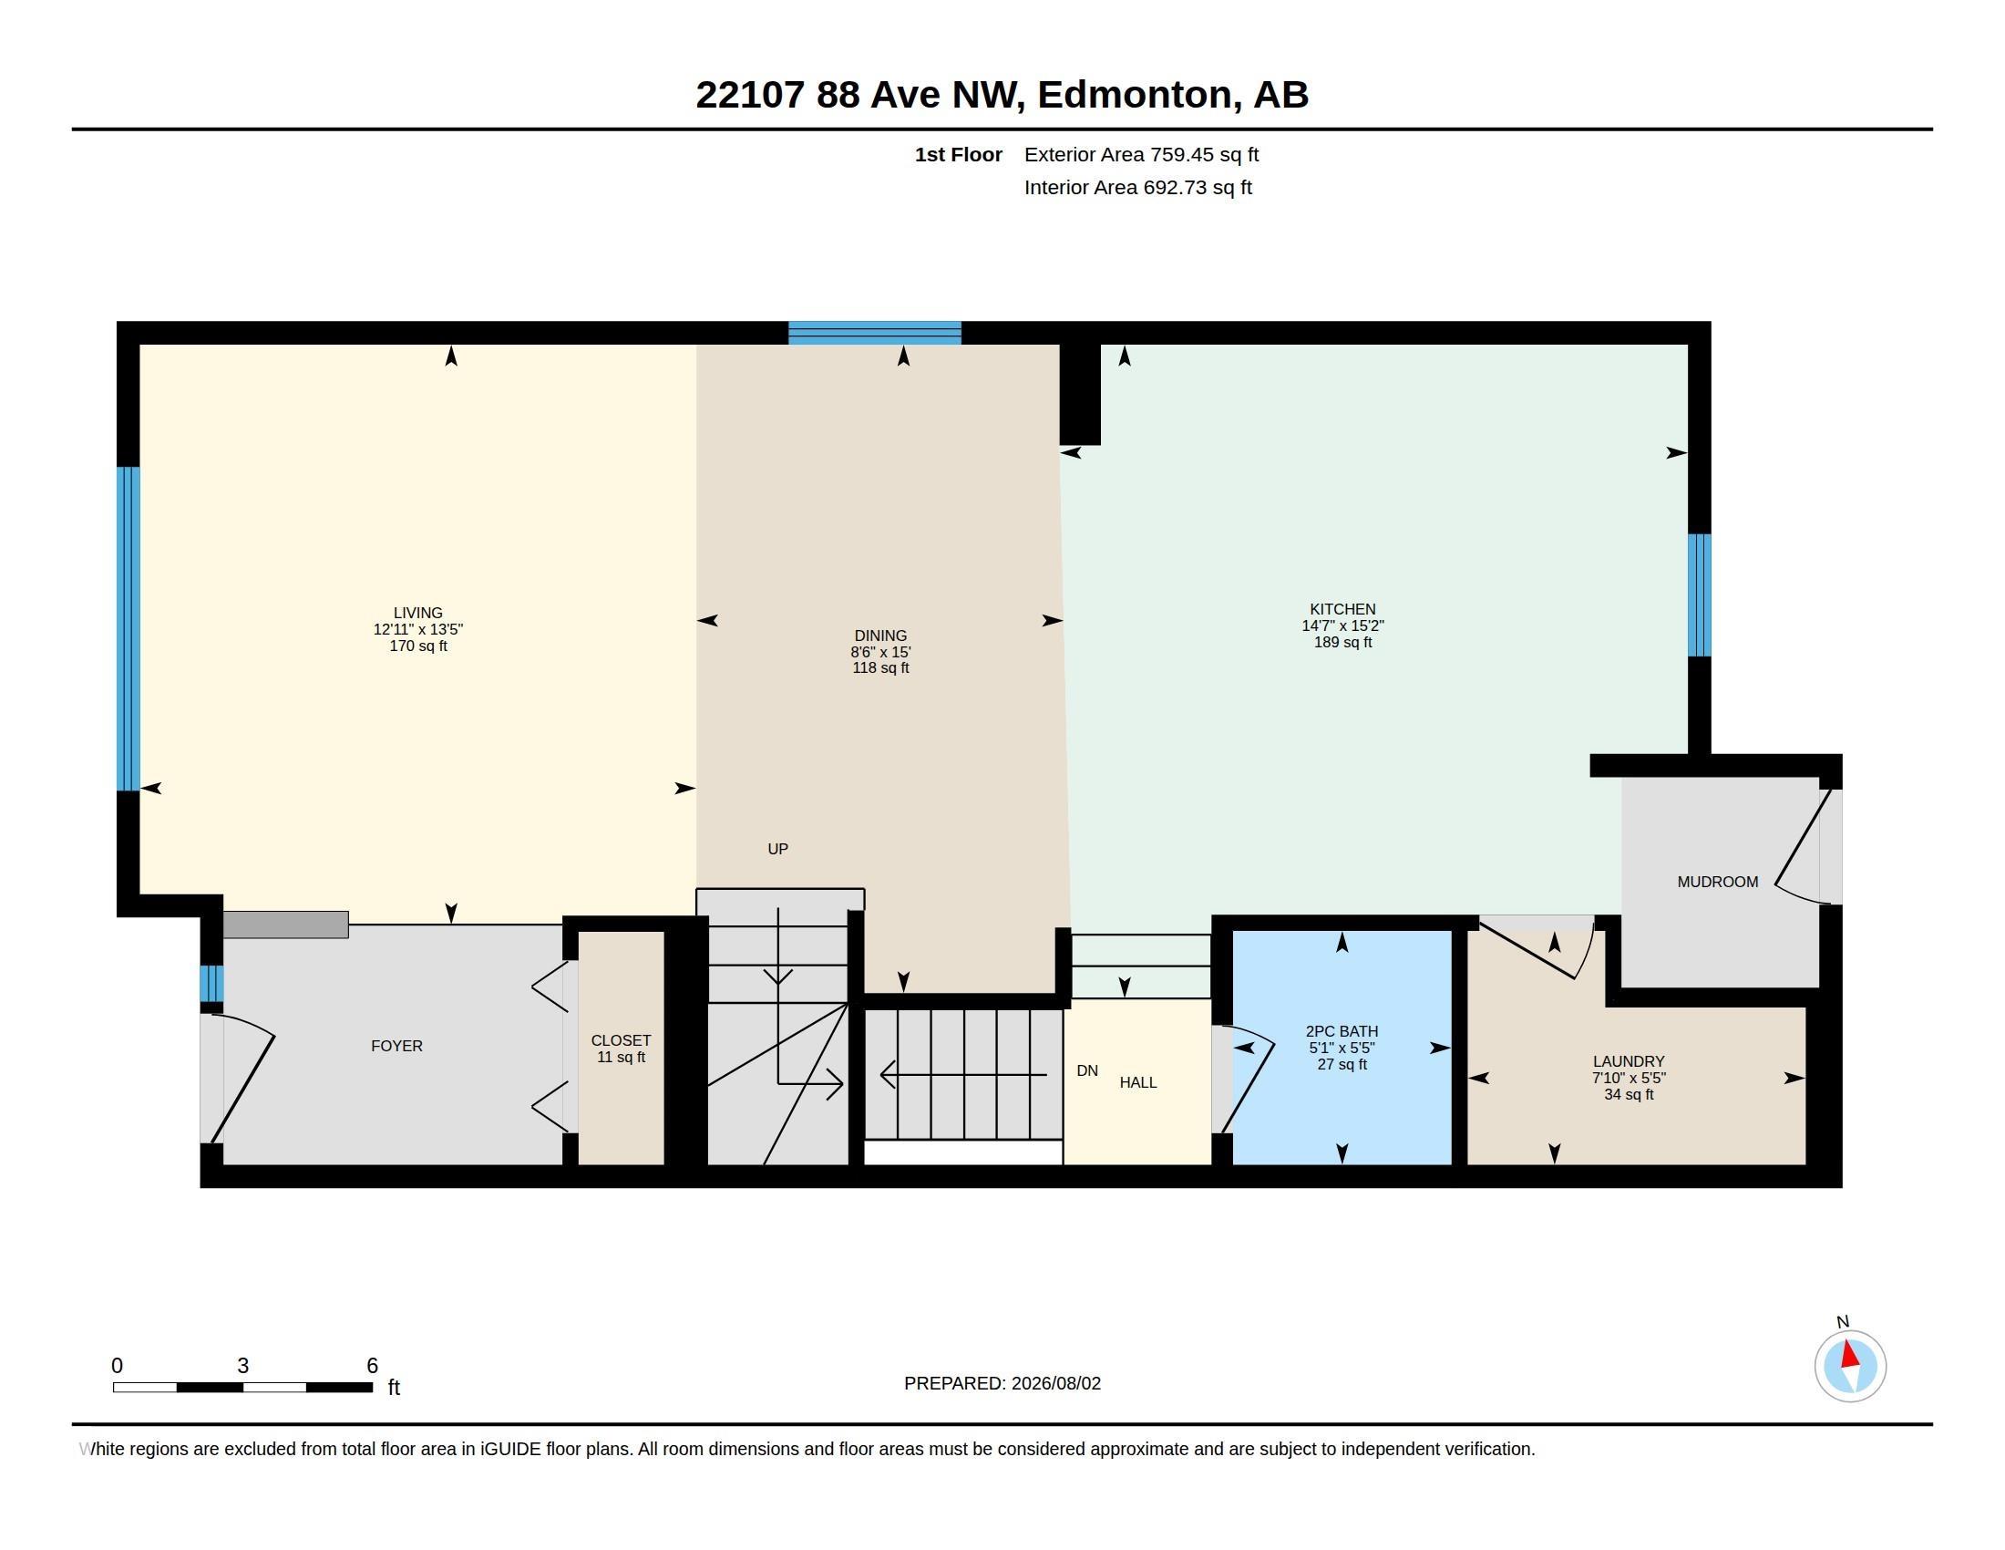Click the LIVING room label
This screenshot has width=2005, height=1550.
(x=417, y=613)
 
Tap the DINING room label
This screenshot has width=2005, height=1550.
(x=880, y=635)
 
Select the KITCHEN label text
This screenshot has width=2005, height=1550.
(x=1342, y=609)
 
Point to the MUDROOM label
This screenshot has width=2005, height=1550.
(x=1718, y=882)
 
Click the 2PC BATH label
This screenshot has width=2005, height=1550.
(x=1342, y=1031)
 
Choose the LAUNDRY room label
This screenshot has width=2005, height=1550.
(x=1629, y=1061)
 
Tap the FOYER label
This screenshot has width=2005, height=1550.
(x=396, y=1046)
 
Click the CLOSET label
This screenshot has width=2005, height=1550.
(x=621, y=1040)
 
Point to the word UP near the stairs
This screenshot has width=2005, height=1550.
(x=777, y=849)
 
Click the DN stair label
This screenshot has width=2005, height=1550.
(x=1087, y=1070)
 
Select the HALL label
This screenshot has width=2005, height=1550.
(x=1137, y=1082)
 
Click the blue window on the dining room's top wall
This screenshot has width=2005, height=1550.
(x=875, y=333)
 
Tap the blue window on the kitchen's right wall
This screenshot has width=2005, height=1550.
(x=1700, y=595)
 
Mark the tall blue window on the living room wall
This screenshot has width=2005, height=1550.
(x=129, y=629)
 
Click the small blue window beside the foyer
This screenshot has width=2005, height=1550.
(x=212, y=984)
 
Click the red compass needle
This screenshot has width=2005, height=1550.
(x=1850, y=1355)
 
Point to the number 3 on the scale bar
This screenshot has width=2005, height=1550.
(x=242, y=1366)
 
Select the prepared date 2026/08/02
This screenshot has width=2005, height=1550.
(x=1055, y=1383)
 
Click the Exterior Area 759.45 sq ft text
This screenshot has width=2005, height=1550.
(x=1141, y=154)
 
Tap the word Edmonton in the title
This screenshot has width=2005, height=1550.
(x=1135, y=95)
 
